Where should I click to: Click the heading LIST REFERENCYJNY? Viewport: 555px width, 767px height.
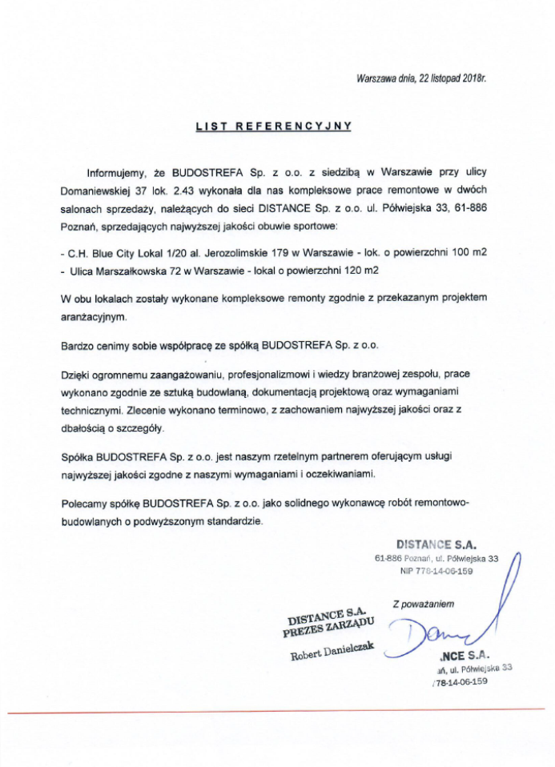tap(274, 126)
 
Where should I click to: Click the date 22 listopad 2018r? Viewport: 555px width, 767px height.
tap(452, 78)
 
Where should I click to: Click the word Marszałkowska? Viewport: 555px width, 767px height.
tap(131, 272)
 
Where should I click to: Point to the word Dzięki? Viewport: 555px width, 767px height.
tap(76, 374)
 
